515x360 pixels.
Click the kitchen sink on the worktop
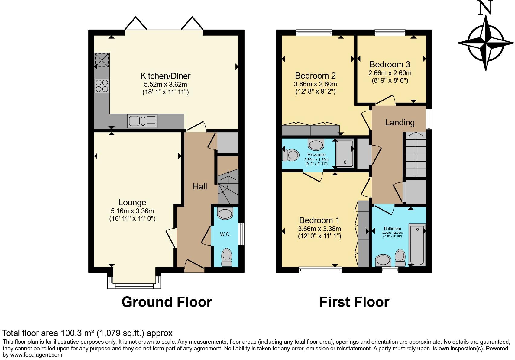[x=142, y=121]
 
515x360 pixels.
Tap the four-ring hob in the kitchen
[x=102, y=86]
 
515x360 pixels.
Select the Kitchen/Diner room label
[x=166, y=76]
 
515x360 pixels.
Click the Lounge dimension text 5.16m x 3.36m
[x=132, y=211]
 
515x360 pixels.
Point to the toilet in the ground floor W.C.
[x=226, y=257]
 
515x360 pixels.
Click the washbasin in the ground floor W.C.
[x=225, y=214]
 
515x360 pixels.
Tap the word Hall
[x=200, y=186]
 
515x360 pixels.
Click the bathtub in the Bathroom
[x=417, y=245]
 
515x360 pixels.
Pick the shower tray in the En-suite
[x=345, y=153]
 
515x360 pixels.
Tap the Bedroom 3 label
[x=390, y=64]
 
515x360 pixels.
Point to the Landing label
[x=400, y=122]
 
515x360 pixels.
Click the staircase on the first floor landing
[x=416, y=154]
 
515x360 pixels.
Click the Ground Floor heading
[x=167, y=302]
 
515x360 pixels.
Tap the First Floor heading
[x=354, y=302]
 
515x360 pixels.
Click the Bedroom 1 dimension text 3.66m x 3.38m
[x=319, y=229]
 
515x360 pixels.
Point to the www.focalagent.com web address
[x=36, y=355]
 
